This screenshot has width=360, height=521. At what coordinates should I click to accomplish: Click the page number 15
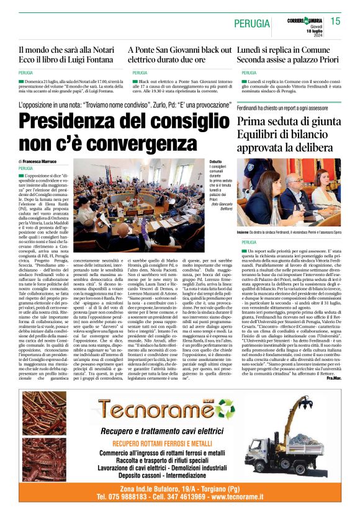[336, 21]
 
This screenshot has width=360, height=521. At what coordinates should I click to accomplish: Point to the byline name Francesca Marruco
[50, 161]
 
